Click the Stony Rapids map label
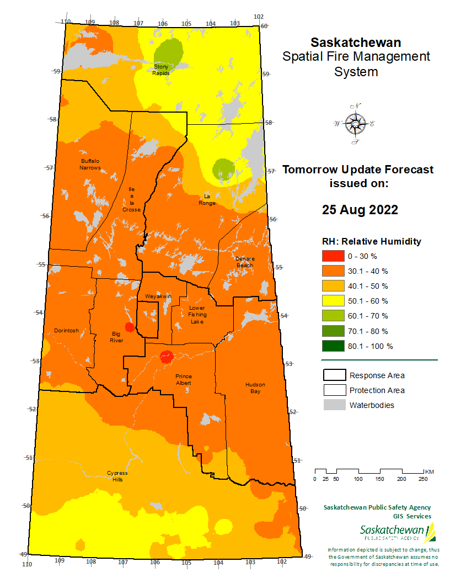point(161,70)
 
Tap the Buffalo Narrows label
point(90,164)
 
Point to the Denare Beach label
point(244,262)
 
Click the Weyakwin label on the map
point(158,296)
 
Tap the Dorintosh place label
point(66,331)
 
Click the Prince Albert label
point(184,379)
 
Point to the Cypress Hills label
point(117,476)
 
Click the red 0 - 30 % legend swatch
point(333,256)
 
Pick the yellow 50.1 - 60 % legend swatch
point(333,301)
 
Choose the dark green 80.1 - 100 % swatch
point(333,346)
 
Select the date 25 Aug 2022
point(360,210)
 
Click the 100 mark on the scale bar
point(358,479)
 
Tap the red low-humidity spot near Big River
point(130,327)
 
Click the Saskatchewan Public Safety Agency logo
point(398,533)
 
